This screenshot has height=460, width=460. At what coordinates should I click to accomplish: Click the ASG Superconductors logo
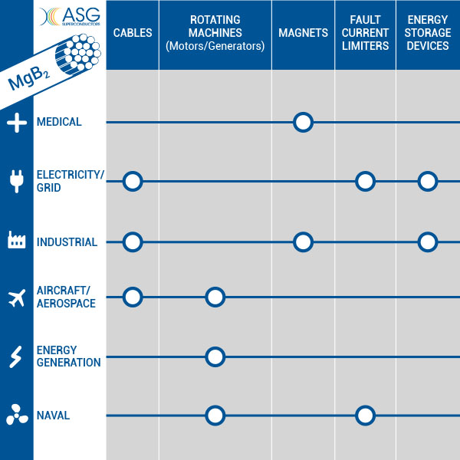[70, 17]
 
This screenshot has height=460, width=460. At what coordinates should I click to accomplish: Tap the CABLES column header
[133, 33]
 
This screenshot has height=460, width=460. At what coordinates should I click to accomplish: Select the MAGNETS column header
[303, 33]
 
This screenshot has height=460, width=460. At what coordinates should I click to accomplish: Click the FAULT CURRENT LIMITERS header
[365, 33]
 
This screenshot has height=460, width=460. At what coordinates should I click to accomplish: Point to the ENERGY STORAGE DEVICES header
[428, 33]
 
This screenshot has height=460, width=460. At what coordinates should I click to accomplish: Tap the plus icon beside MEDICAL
[17, 123]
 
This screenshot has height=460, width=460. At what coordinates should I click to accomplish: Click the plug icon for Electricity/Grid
[17, 181]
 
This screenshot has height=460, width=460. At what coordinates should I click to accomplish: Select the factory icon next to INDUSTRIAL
[16, 240]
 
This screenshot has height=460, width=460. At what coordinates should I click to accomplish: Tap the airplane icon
[17, 297]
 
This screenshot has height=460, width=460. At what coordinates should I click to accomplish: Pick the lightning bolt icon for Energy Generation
[15, 356]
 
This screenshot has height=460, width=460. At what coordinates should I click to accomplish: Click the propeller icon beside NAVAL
[17, 415]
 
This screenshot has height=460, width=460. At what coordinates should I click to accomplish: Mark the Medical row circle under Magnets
[303, 123]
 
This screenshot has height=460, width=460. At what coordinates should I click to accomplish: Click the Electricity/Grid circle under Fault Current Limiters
[365, 181]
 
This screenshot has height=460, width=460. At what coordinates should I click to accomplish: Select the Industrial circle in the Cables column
[133, 242]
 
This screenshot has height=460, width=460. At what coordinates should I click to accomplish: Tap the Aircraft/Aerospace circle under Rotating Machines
[215, 297]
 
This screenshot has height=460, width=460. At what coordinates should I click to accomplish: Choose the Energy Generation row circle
[215, 356]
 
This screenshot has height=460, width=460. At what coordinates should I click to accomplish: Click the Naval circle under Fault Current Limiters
[365, 416]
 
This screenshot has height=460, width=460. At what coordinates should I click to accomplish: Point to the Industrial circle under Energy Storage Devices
[428, 242]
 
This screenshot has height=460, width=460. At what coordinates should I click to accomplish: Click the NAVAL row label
[53, 416]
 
